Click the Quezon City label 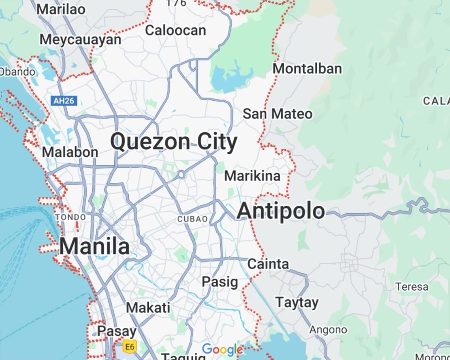(x=174, y=142)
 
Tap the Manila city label (x=94, y=247)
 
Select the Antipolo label (x=281, y=211)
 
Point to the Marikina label (x=252, y=176)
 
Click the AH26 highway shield (x=64, y=101)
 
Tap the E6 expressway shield (x=129, y=347)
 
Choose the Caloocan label (x=175, y=30)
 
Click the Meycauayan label (x=80, y=40)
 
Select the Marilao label (x=61, y=9)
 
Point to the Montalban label (x=307, y=69)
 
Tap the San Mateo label (x=278, y=114)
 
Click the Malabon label (x=70, y=153)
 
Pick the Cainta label (x=268, y=264)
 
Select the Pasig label (x=220, y=282)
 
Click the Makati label (x=148, y=308)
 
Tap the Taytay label (x=297, y=303)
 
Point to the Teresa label (x=412, y=287)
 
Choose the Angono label (x=328, y=330)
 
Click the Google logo (x=222, y=349)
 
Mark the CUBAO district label (x=192, y=219)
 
